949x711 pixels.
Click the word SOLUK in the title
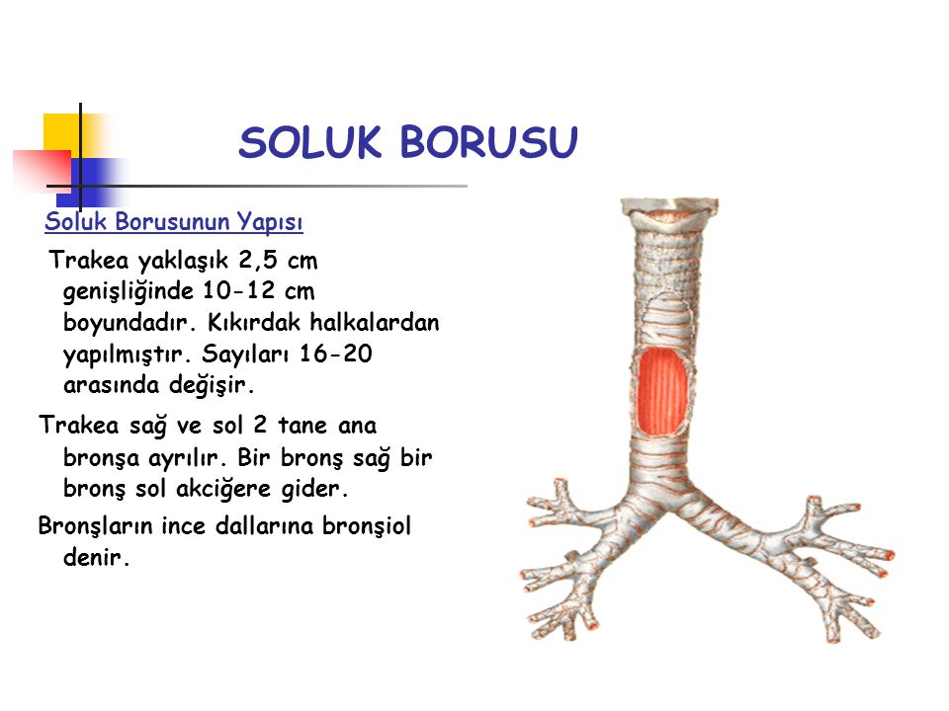(309, 142)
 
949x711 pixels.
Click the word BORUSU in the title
(489, 142)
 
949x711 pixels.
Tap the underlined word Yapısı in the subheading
(269, 222)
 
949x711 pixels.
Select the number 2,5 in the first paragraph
(258, 261)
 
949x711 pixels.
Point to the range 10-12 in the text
(239, 290)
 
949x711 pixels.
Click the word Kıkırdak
(254, 322)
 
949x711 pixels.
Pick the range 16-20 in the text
(336, 354)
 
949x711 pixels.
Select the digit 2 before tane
(260, 425)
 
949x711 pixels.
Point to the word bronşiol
(367, 526)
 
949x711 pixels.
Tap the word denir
(96, 557)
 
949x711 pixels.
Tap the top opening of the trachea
(669, 214)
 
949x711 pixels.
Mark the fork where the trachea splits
(668, 507)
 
